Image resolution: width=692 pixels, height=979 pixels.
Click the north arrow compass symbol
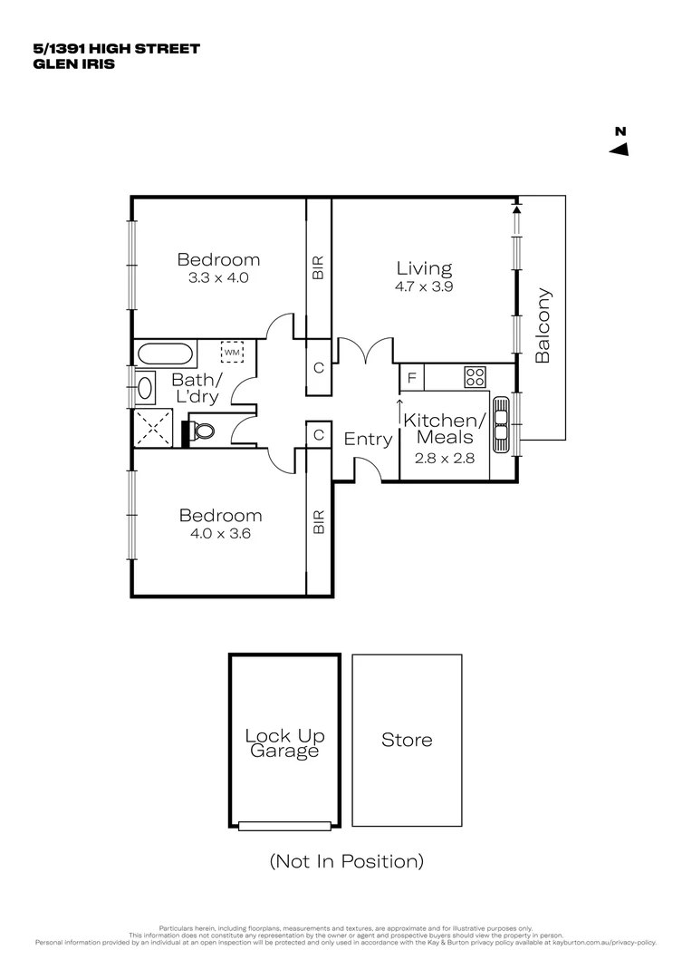(620, 149)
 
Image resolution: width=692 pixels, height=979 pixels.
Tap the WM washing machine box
(232, 352)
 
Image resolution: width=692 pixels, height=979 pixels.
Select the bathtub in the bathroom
(164, 352)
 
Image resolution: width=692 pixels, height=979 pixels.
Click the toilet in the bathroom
(201, 431)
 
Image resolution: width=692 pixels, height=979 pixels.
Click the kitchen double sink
(503, 422)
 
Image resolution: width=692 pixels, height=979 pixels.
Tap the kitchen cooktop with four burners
(476, 376)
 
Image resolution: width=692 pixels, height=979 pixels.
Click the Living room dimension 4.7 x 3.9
(424, 286)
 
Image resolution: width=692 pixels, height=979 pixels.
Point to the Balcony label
(543, 325)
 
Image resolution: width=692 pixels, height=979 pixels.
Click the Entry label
(368, 440)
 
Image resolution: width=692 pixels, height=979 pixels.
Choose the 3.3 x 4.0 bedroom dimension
(218, 278)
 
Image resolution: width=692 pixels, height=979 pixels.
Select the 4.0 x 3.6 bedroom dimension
(220, 534)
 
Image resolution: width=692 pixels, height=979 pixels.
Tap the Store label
(407, 740)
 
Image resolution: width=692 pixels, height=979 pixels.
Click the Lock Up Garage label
(284, 743)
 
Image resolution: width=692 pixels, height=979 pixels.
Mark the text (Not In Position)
(346, 861)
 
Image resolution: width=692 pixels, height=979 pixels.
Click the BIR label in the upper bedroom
(318, 267)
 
